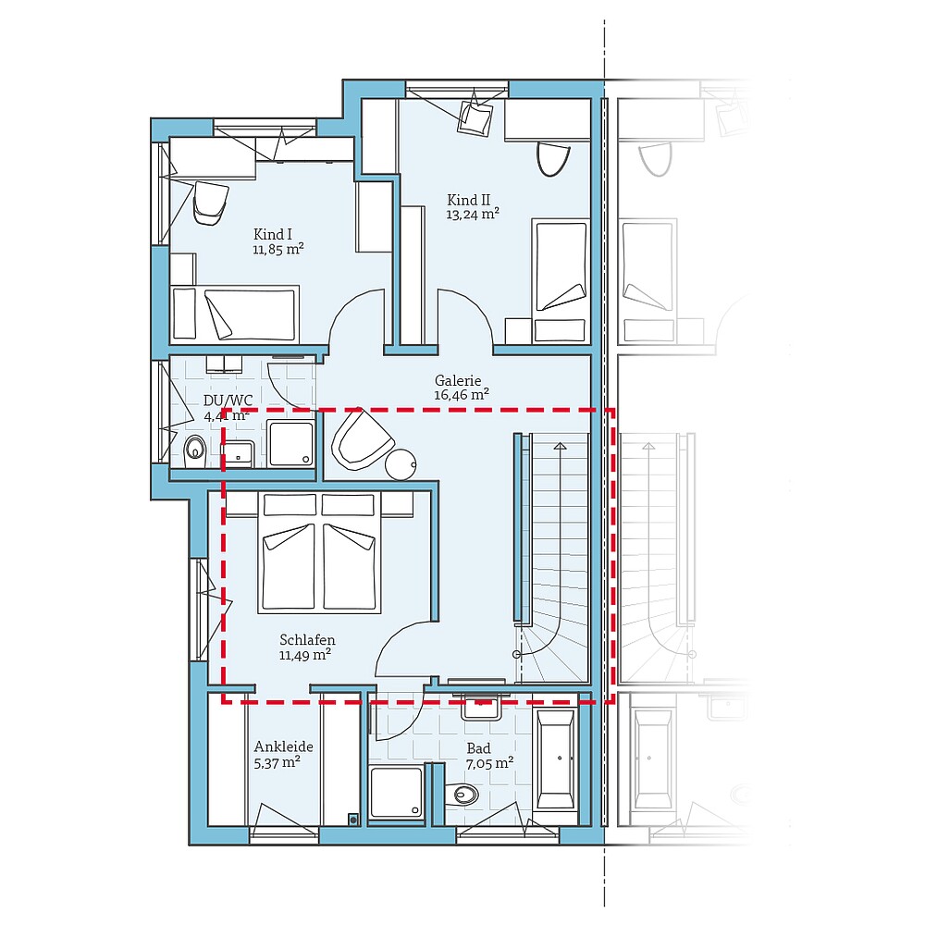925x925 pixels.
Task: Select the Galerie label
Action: tap(459, 380)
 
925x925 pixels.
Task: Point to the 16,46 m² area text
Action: tap(461, 395)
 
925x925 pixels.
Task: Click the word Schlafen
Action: tap(307, 640)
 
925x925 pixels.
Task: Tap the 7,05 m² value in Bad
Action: tap(490, 763)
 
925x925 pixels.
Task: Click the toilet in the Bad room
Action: tap(462, 794)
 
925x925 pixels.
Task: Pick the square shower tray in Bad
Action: tap(397, 792)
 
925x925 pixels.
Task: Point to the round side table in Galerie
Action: tap(401, 463)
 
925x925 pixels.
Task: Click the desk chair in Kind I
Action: tap(210, 202)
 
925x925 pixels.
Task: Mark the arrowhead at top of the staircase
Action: tap(560, 447)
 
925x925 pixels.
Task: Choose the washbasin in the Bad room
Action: tap(481, 708)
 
